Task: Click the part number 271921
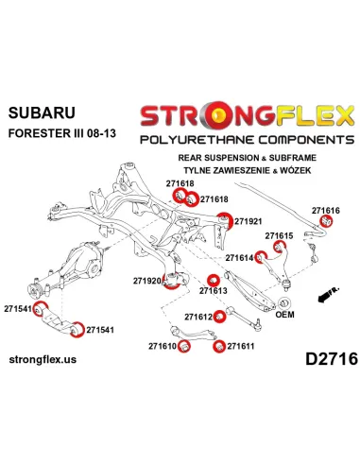click(248, 221)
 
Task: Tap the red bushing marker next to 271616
click(326, 221)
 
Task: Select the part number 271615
click(279, 235)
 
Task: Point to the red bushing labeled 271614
click(261, 257)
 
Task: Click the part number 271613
click(213, 290)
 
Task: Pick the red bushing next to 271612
click(219, 317)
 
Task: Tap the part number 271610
click(163, 346)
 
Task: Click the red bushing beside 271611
click(219, 346)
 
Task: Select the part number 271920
click(147, 281)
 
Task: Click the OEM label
click(284, 315)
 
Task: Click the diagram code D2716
click(332, 359)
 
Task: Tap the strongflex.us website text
click(43, 359)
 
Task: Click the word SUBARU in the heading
click(42, 112)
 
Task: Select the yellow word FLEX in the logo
click(316, 115)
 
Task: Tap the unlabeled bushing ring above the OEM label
click(284, 302)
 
